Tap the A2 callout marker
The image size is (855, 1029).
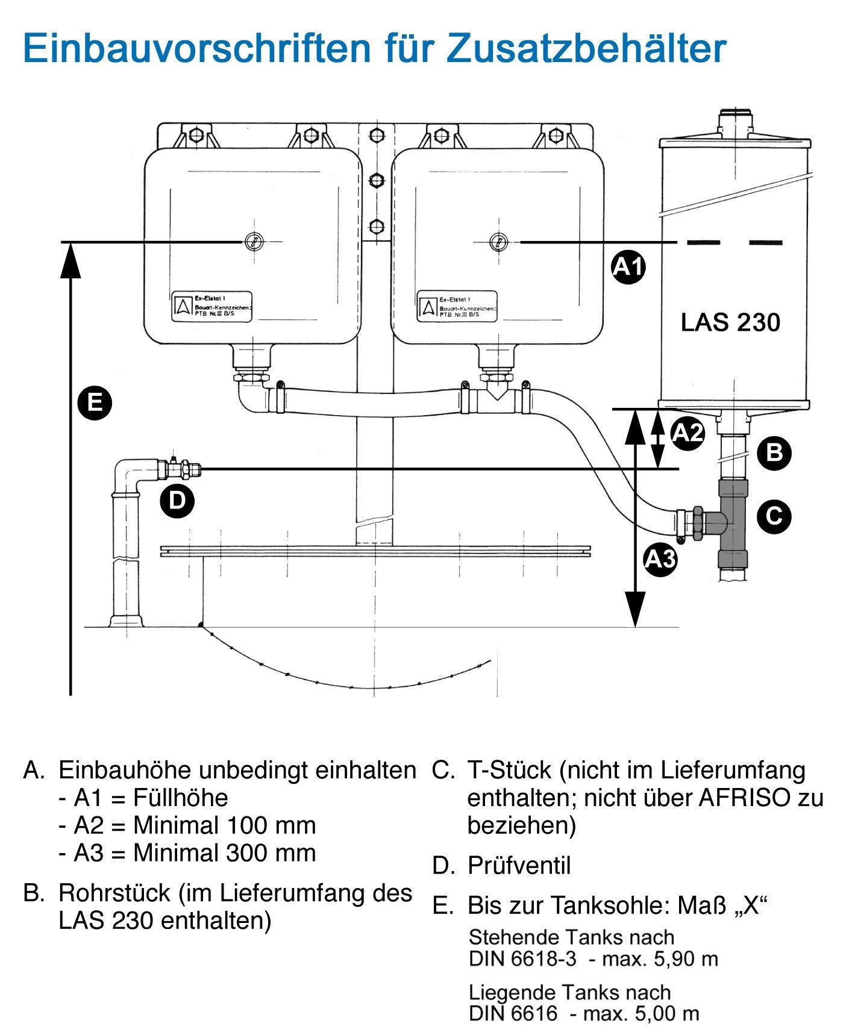tap(687, 433)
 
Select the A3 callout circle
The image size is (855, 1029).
tap(660, 559)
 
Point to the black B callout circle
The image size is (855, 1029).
tap(774, 452)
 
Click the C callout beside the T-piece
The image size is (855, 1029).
tap(774, 516)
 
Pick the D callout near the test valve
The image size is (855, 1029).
tap(177, 500)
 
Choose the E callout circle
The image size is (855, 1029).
tap(95, 402)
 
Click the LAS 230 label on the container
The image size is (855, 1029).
tap(730, 322)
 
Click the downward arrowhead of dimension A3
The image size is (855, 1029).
tap(635, 608)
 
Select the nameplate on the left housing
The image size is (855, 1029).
tap(211, 307)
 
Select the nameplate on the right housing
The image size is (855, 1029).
tap(457, 307)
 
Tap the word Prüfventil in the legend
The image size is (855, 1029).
tap(519, 866)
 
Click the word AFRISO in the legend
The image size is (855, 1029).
tap(744, 798)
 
